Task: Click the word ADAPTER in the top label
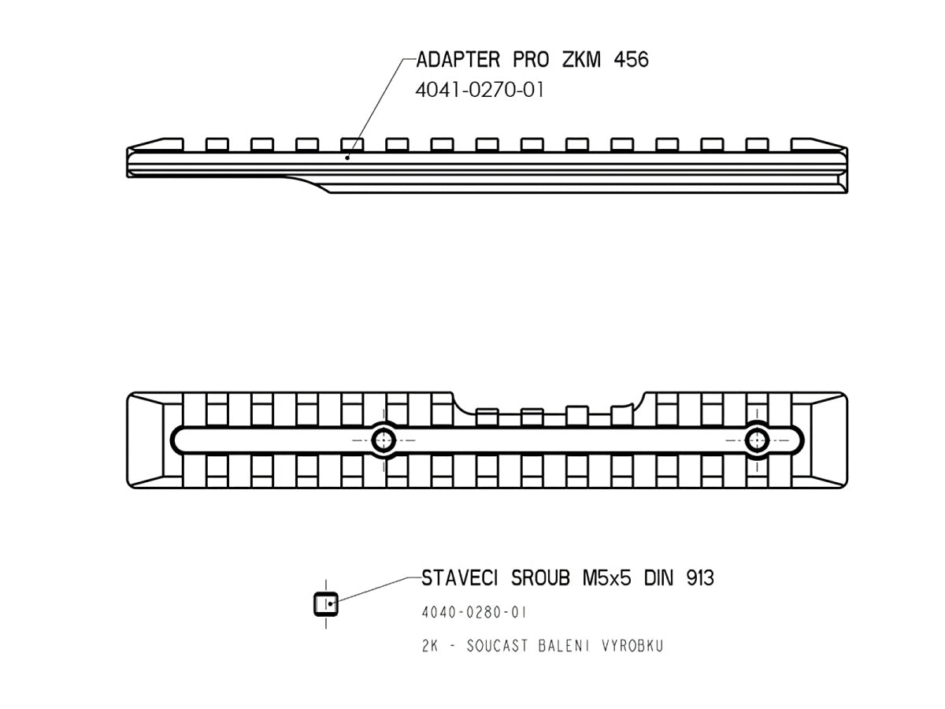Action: click(458, 59)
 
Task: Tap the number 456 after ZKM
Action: click(631, 59)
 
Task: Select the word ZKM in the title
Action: click(581, 59)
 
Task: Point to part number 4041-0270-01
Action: click(479, 91)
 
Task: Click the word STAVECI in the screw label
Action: click(459, 578)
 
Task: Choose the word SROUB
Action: click(540, 578)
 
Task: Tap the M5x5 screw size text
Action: click(607, 578)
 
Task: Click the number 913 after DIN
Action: click(700, 578)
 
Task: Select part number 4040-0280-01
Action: click(474, 613)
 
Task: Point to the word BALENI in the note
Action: click(564, 646)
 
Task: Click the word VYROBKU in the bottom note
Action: click(632, 646)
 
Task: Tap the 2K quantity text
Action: click(430, 646)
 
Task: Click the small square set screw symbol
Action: click(326, 604)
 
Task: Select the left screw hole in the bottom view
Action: click(384, 440)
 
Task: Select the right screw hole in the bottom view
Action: click(757, 440)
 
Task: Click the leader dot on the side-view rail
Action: click(347, 158)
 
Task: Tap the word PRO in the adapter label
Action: click(531, 59)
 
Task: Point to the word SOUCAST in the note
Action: click(497, 646)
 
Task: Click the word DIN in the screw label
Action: click(658, 578)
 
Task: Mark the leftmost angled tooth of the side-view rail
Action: click(156, 144)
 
